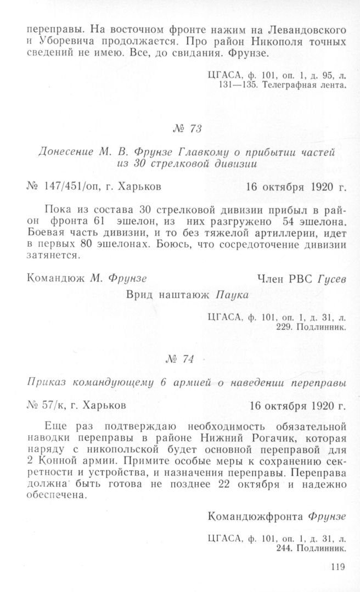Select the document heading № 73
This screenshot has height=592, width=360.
click(186, 129)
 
